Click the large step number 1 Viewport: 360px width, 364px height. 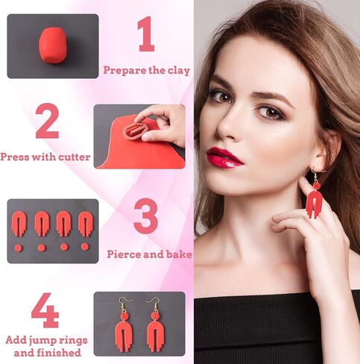(146, 35)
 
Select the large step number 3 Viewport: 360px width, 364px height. (145, 216)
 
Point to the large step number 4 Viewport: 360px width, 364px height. (45, 312)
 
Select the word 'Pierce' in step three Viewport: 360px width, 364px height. (124, 254)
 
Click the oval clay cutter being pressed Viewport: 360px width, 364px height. (135, 130)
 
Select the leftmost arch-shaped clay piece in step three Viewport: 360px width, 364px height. (20, 223)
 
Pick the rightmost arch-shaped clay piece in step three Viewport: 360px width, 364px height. (85, 222)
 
